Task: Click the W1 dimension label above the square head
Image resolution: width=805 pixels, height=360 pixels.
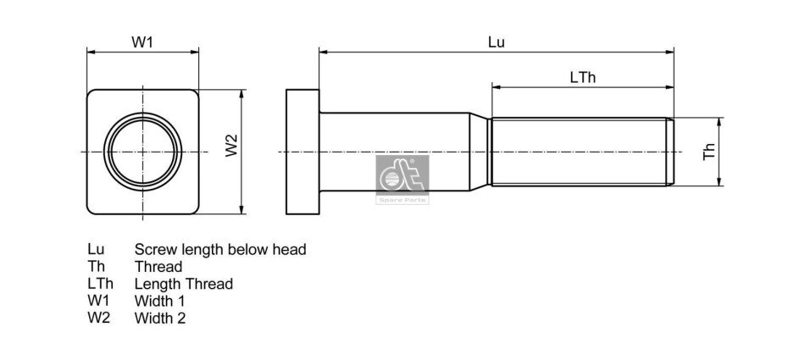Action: pos(142,42)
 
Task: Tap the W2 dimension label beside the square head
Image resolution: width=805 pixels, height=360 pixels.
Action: pos(232,146)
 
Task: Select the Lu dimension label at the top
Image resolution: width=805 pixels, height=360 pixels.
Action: pos(496,42)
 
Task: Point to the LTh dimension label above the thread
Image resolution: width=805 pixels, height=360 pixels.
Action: pos(583,78)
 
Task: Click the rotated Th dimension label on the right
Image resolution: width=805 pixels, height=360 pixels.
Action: pos(709,152)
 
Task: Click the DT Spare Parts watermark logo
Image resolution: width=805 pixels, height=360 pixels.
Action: pos(402,180)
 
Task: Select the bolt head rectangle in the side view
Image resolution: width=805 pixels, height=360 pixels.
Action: pos(303,152)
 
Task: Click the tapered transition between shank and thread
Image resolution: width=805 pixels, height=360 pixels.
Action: pos(480,152)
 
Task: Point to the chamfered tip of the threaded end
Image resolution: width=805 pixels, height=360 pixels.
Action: pos(670,152)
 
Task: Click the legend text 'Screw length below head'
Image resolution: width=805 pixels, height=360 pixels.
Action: pos(220,250)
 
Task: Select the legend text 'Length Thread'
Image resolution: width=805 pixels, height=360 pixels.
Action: pos(184,284)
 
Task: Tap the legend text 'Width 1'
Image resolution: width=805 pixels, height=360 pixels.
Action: pos(159,301)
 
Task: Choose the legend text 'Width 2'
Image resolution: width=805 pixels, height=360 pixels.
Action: pos(160,318)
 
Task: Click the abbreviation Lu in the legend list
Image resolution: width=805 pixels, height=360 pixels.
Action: pos(96,249)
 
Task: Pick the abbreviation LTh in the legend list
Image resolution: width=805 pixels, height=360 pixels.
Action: pos(101,284)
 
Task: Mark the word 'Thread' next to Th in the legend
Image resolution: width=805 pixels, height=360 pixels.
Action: pos(158,267)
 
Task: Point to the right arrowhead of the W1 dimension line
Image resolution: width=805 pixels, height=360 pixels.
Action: pos(195,52)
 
